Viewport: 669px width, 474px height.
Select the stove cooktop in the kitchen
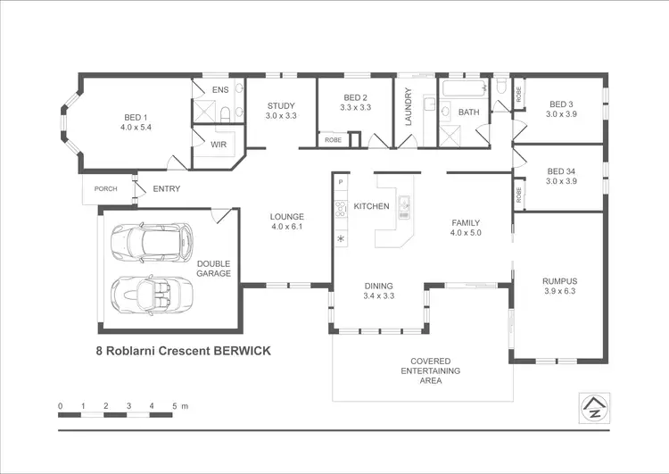tap(340, 210)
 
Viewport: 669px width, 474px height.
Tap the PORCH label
tap(106, 188)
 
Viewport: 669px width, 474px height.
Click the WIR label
tap(219, 143)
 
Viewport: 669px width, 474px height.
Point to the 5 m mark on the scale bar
tap(175, 407)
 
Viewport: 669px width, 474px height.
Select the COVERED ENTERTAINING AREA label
tap(431, 370)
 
